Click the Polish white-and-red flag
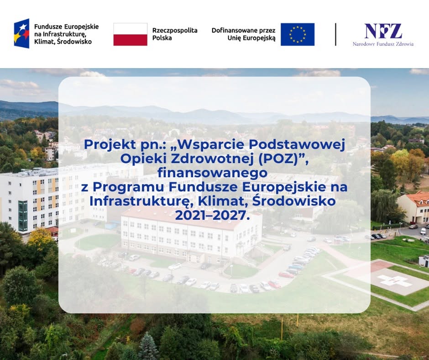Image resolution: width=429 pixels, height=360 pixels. coord(130,34)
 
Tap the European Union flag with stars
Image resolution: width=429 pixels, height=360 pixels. coord(298,34)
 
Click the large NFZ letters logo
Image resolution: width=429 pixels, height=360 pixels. coord(383,31)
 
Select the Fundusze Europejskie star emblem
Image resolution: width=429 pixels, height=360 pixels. coord(21,33)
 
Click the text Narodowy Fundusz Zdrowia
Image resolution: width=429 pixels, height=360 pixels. coord(383,44)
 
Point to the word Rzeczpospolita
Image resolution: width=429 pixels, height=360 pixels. coord(175,31)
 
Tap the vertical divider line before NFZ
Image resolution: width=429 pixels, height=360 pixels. coord(335,34)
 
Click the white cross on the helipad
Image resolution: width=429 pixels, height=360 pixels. coord(394,281)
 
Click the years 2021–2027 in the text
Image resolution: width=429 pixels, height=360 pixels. coord(213,215)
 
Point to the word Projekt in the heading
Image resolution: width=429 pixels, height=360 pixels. coord(110,144)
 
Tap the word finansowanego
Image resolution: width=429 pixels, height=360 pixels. coord(212,173)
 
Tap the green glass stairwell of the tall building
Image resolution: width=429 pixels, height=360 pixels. coord(23,216)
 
